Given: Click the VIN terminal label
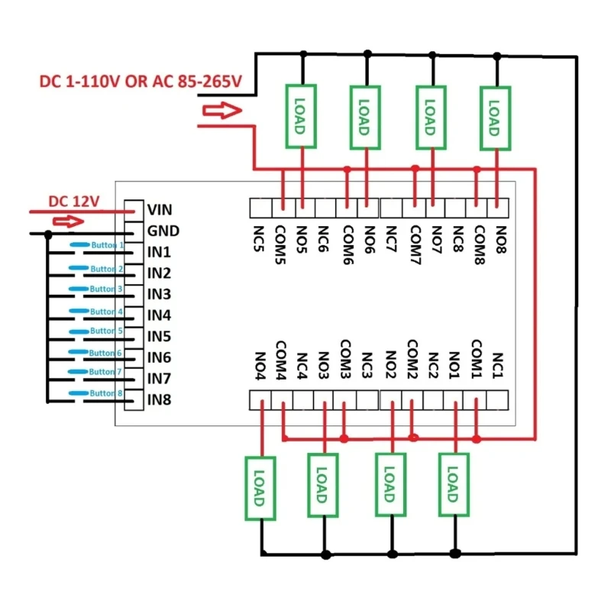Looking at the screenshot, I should tap(160, 209).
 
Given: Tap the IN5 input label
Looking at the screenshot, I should tap(160, 336).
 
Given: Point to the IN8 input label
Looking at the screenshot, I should tap(160, 399).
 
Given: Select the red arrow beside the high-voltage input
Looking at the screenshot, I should tap(222, 112).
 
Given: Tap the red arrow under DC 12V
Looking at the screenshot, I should tap(66, 221).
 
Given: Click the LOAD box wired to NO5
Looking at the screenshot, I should tap(301, 117).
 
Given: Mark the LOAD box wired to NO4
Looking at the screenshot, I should tap(260, 488).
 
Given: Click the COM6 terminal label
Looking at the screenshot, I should tap(348, 244).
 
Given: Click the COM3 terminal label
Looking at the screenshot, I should tap(344, 360).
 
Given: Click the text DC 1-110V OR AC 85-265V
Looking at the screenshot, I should tap(140, 81).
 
